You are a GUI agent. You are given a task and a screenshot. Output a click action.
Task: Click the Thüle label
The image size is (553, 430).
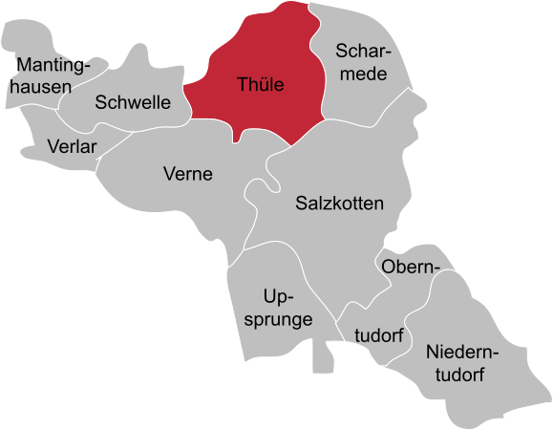tap(260, 85)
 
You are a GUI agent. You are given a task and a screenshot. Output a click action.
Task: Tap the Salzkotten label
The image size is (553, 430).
tap(339, 204)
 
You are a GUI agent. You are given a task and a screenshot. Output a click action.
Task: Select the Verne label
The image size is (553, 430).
tap(188, 174)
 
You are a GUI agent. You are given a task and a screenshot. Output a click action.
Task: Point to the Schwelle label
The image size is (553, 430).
tap(133, 102)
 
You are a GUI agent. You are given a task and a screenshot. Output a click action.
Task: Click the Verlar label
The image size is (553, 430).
tap(72, 146)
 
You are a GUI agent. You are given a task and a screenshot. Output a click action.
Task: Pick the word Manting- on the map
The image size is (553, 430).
tap(53, 67)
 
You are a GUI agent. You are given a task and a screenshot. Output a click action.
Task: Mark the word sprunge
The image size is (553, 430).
tap(279, 319)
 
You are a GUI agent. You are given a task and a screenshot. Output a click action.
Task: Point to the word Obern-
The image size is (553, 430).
tap(411, 268)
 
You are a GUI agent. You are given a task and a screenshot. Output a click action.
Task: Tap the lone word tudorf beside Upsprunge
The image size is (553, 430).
tap(379, 335)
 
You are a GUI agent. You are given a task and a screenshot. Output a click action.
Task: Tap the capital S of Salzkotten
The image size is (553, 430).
tap(302, 204)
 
